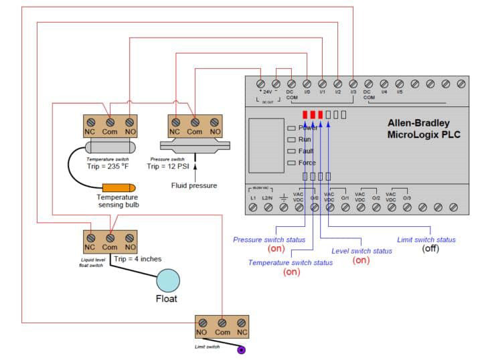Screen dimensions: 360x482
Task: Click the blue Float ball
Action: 167,280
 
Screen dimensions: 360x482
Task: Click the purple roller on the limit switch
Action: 242,349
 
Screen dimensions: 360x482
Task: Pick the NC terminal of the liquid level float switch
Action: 90,238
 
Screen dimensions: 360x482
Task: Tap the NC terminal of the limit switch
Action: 242,323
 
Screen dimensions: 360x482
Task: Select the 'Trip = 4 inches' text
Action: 137,259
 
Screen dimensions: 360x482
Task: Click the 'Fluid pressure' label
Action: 194,185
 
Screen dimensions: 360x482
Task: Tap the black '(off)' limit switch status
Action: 430,248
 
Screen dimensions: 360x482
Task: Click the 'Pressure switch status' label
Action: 269,239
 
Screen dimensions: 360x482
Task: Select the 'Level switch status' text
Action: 361,250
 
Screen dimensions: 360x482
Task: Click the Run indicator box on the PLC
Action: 291,139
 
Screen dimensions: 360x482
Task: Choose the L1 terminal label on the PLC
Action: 253,198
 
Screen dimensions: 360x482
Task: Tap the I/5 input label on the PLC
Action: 400,92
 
